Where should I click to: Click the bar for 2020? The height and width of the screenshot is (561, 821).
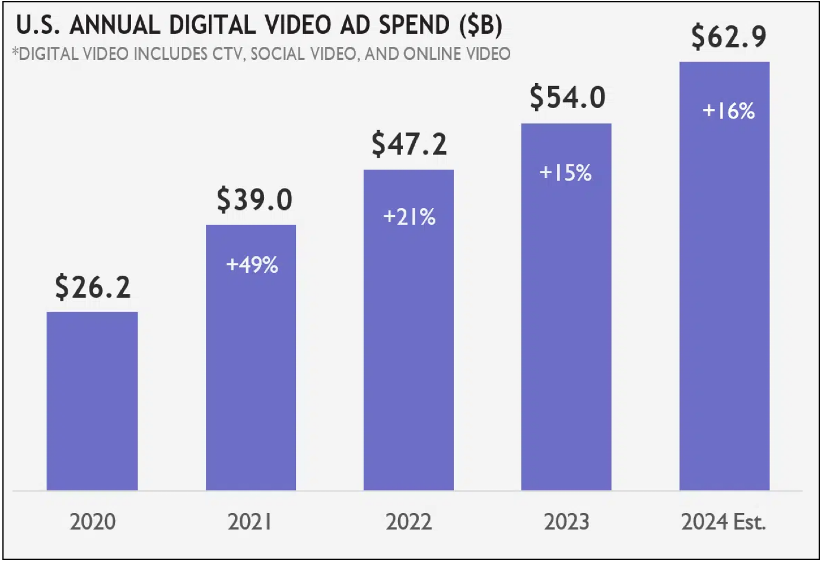pos(92,401)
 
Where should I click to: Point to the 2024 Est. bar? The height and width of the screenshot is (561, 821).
pos(724,297)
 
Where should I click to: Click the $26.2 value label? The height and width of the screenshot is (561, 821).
pos(93,287)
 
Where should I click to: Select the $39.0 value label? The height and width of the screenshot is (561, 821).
pos(254,199)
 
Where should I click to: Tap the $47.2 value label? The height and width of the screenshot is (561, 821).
pos(409,144)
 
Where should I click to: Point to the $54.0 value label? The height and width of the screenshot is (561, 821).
pos(568,97)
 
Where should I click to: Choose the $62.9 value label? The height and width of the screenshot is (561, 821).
pos(729,37)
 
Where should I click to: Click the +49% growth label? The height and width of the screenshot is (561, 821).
pos(252,264)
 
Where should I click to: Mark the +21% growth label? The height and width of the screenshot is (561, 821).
pos(409,217)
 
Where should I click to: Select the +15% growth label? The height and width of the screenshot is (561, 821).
pos(565,173)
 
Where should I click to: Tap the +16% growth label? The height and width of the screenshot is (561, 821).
pos(728,111)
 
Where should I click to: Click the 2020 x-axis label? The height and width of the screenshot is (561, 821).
pos(93,522)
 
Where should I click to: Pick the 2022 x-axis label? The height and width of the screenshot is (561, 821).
pos(409,522)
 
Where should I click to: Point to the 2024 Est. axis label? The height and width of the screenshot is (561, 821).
pos(724,522)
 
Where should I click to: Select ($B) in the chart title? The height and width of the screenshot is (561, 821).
pos(480,25)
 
